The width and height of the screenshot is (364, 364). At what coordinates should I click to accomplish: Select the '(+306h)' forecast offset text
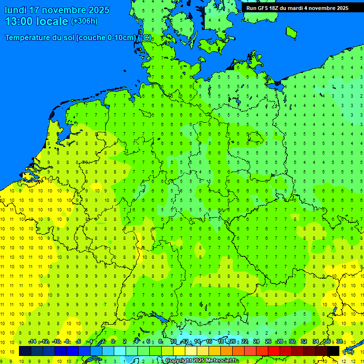tap(84, 21)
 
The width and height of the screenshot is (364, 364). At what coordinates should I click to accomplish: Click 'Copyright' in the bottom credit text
tap(179, 361)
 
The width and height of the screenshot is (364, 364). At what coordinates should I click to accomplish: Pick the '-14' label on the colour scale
tap(32, 342)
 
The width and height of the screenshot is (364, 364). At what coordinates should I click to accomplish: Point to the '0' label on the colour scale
tap(113, 342)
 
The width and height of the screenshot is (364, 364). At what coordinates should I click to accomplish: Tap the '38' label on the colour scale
tap(339, 342)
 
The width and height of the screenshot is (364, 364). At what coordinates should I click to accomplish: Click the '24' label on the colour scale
tap(256, 342)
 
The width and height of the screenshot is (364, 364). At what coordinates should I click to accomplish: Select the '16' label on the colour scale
tap(209, 342)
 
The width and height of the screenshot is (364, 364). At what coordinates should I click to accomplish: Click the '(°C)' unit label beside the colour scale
tap(348, 351)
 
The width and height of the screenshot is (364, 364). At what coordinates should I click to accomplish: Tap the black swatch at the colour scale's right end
tap(333, 351)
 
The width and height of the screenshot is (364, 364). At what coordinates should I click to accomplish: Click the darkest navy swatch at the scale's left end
tap(25, 351)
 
